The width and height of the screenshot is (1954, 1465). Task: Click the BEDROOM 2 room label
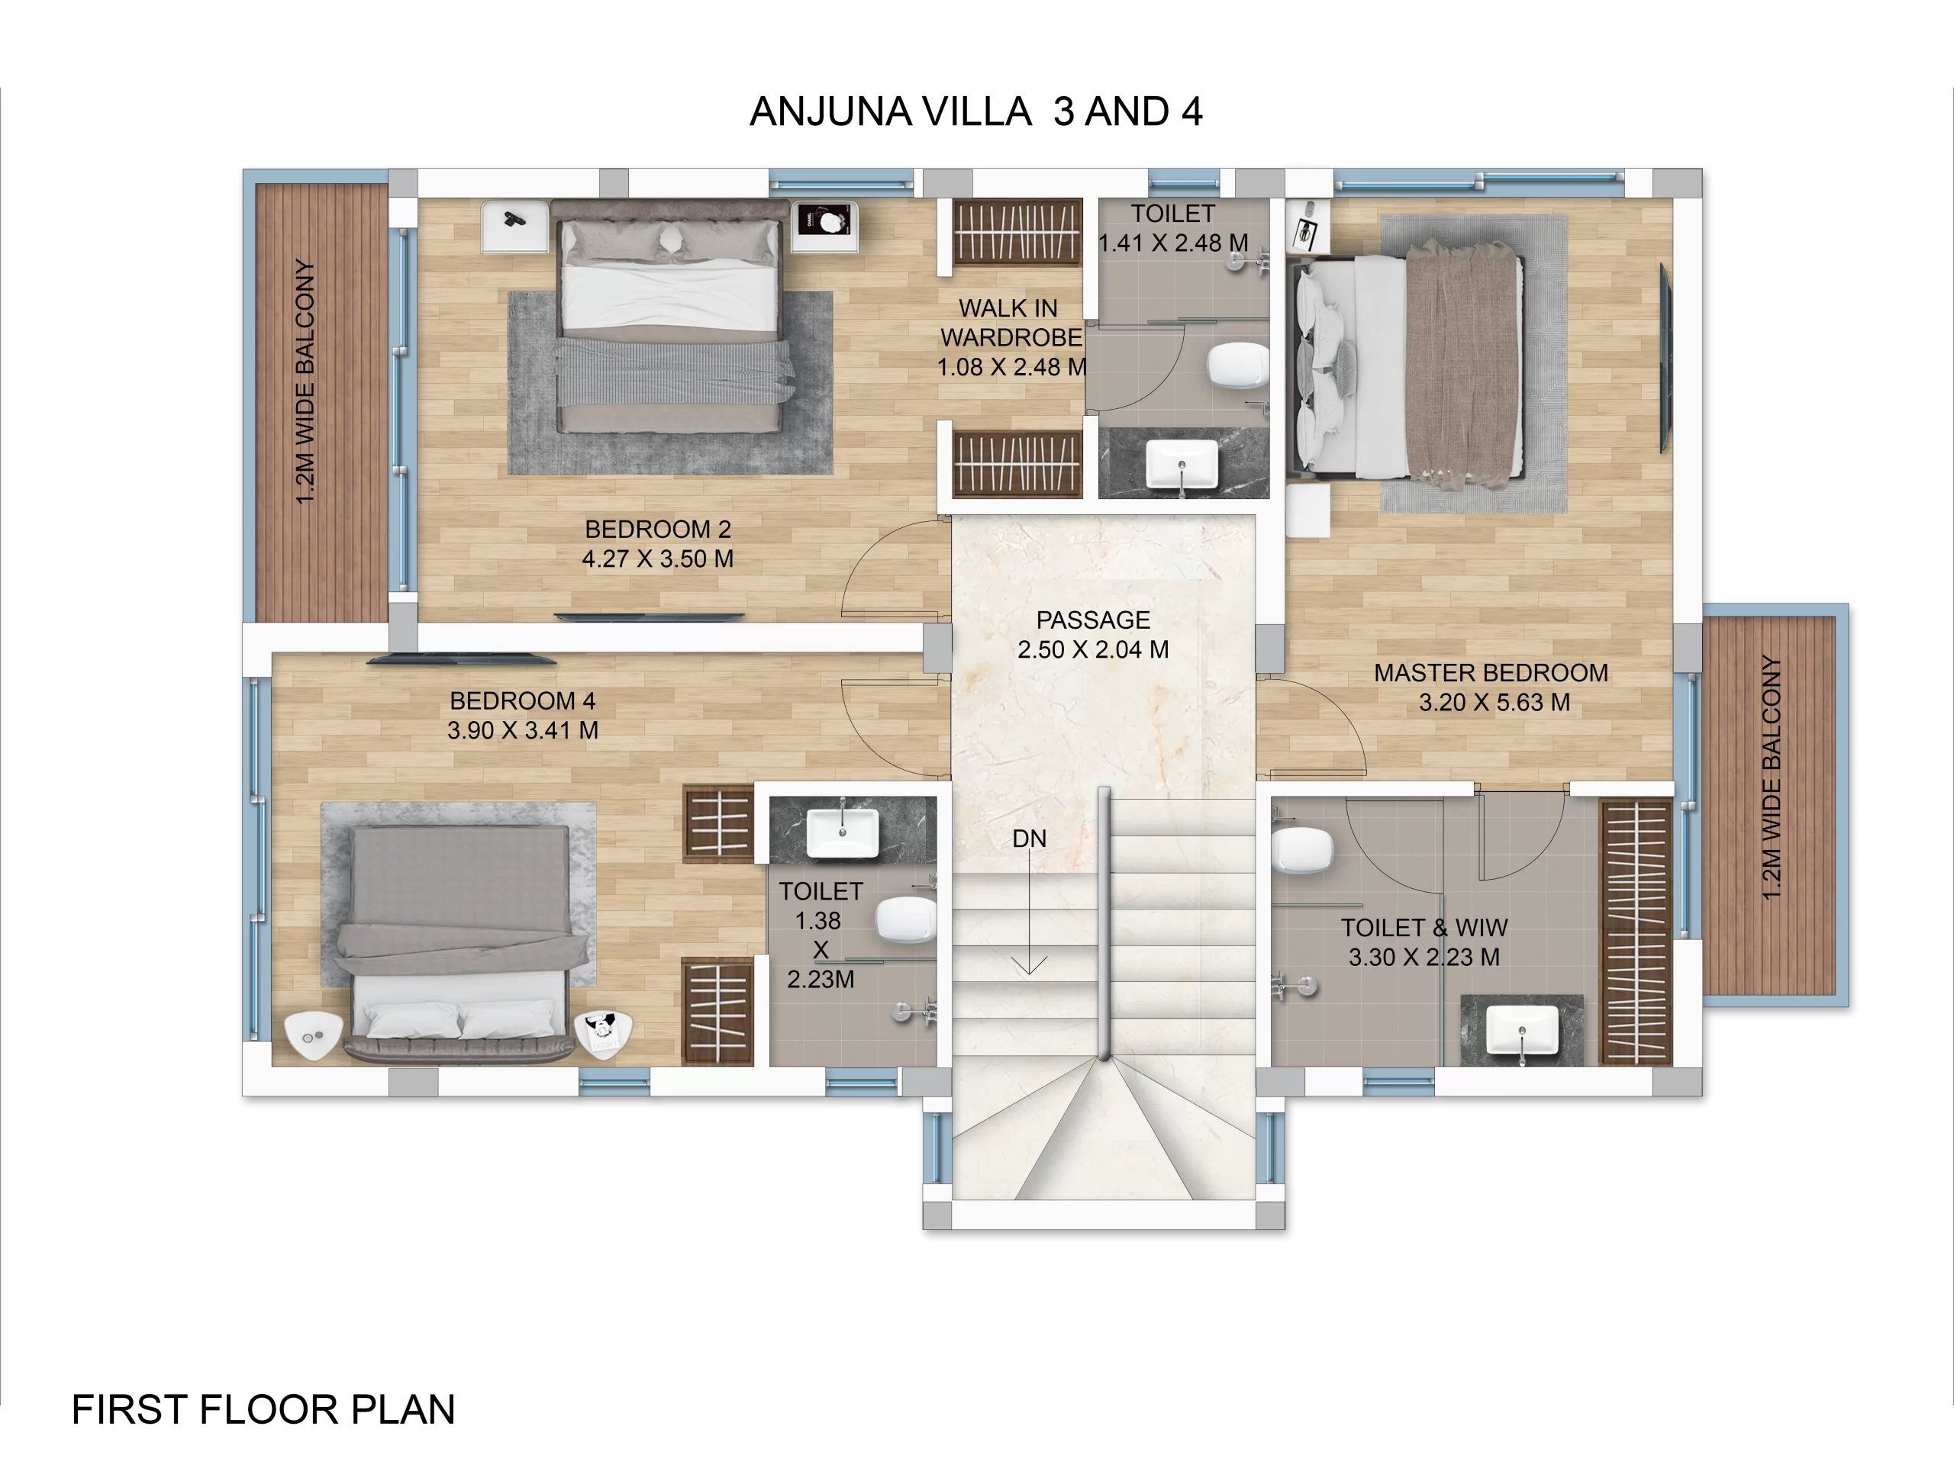[x=657, y=529]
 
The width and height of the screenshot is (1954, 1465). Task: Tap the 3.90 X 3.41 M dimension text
[x=522, y=730]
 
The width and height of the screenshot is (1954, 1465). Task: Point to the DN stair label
[x=1029, y=839]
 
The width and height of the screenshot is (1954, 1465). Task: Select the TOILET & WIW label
[x=1424, y=928]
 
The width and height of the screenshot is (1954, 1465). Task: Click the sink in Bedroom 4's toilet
[x=843, y=832]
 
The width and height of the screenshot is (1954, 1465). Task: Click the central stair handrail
[x=1103, y=922]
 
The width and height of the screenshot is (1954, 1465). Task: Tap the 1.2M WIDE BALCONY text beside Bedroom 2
[x=305, y=382]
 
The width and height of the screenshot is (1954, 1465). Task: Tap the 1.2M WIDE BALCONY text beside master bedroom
[x=1770, y=777]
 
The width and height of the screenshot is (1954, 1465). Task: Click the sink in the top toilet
[x=1181, y=462]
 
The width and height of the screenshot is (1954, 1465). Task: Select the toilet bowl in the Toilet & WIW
[x=1301, y=852]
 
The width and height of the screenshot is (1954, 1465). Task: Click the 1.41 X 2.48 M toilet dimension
[x=1172, y=243]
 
